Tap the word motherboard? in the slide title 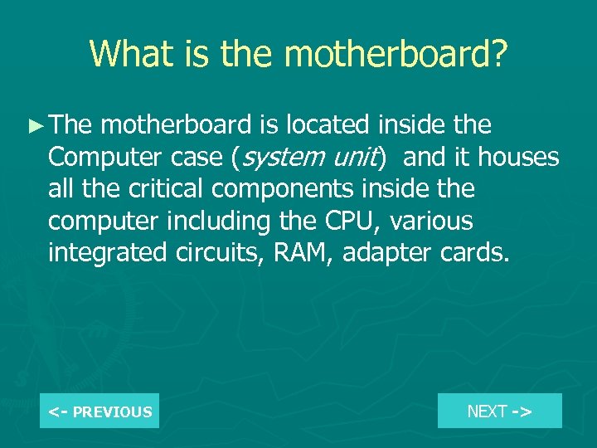[x=396, y=53]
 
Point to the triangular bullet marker [x=34, y=126]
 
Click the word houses [x=519, y=158]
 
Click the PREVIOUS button [x=99, y=411]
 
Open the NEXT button [x=499, y=411]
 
